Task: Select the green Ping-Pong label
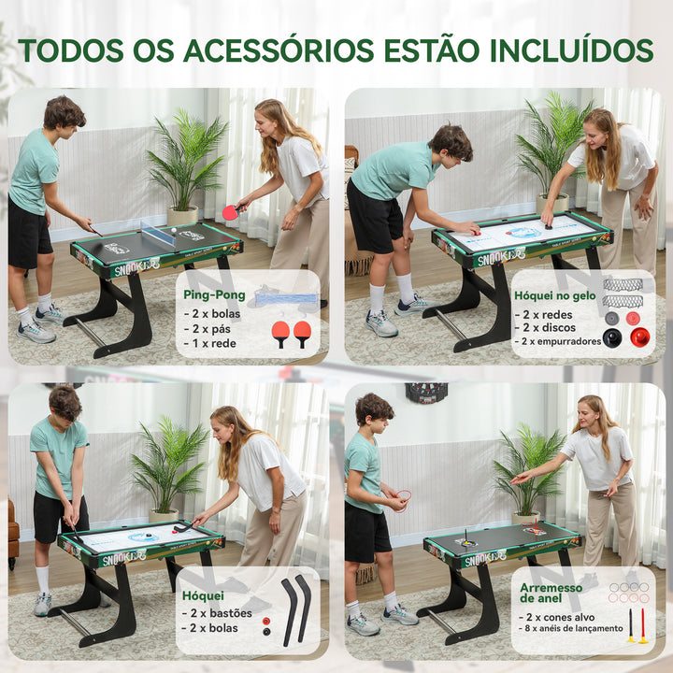215,295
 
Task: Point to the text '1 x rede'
211,342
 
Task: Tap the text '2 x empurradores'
560,341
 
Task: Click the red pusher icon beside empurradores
639,337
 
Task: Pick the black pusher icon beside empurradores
612,337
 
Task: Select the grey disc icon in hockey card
612,318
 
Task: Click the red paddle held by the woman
230,212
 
